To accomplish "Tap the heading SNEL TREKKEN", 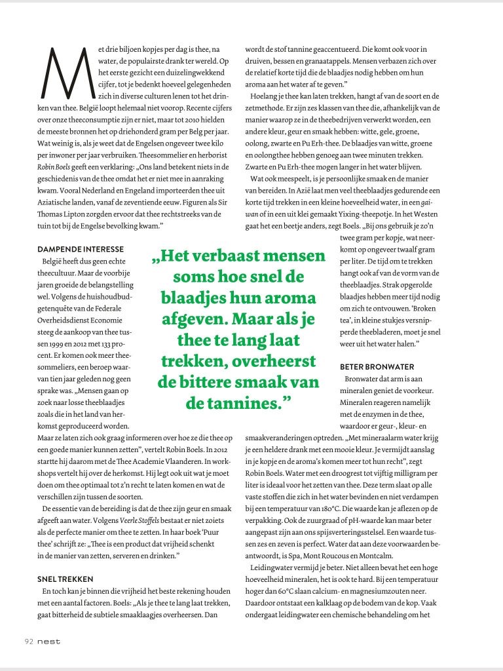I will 65,579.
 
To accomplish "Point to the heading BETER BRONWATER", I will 377,366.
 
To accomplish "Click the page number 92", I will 29,641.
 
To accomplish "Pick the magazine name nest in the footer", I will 48,641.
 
